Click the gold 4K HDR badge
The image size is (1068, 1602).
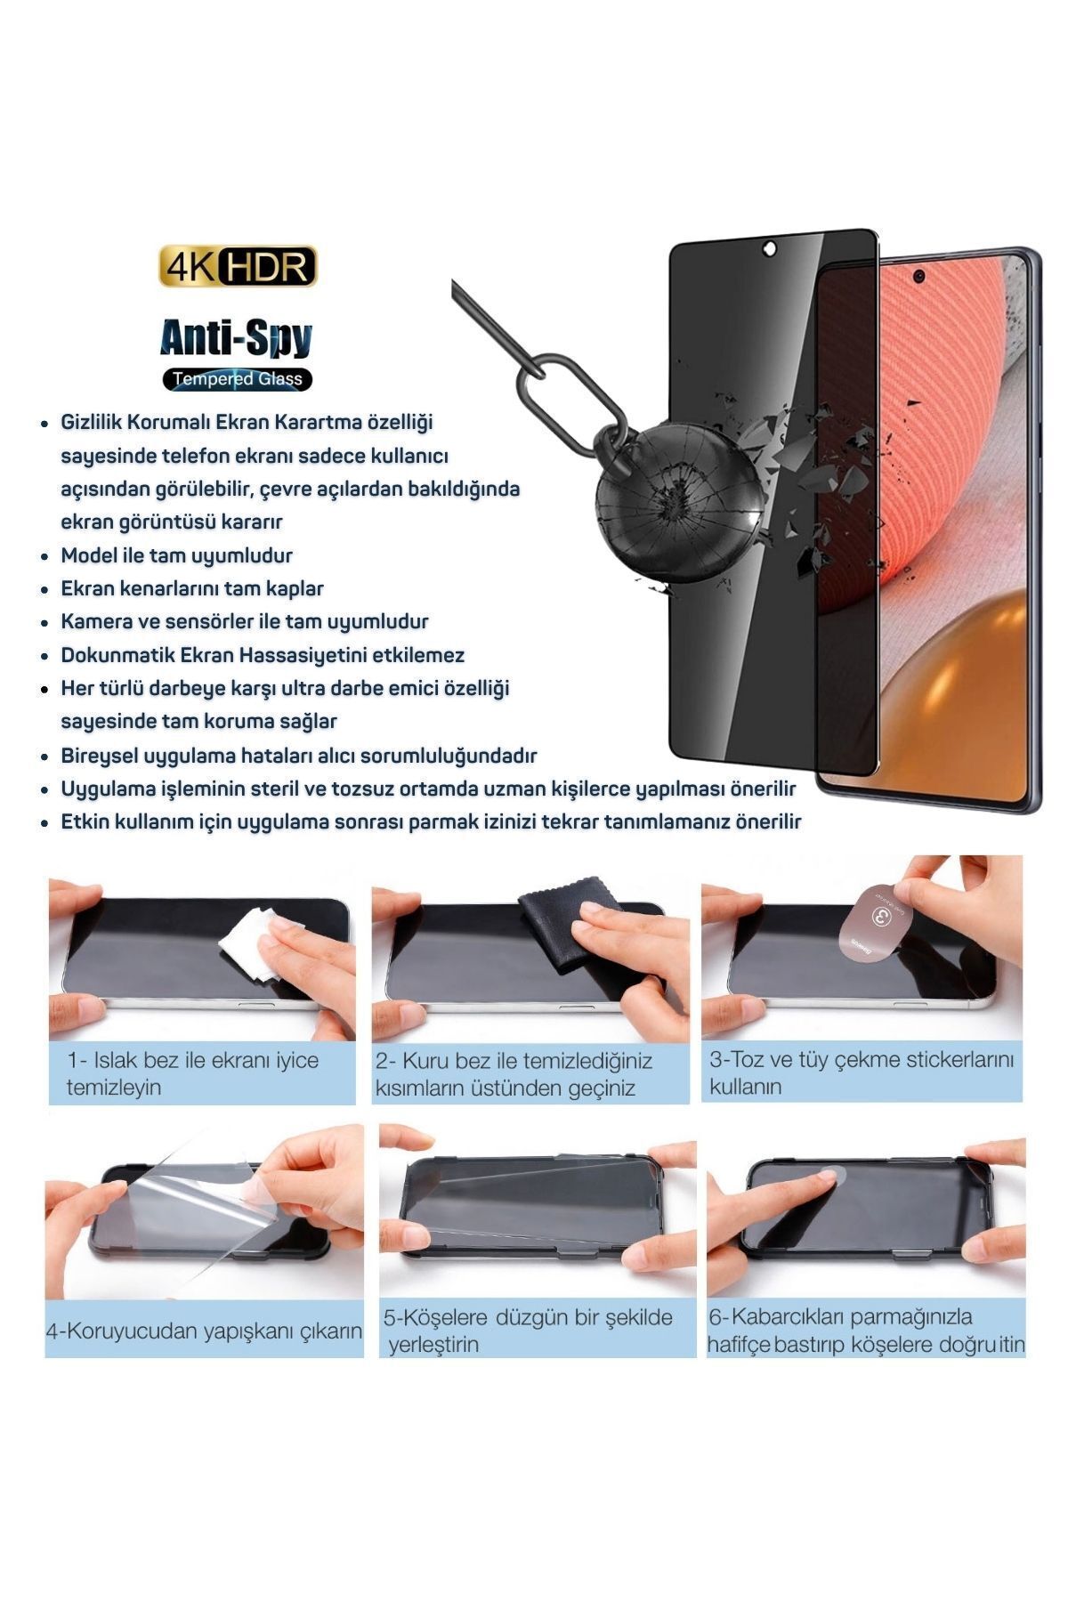238,266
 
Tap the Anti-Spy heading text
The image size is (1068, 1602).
236,337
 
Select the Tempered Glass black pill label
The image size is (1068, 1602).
237,379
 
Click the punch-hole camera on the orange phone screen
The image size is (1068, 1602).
919,277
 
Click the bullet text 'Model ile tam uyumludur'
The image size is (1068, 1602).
176,555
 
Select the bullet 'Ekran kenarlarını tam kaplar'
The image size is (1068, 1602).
191,588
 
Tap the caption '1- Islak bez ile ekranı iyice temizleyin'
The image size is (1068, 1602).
191,1073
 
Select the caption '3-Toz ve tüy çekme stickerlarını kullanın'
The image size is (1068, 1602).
861,1072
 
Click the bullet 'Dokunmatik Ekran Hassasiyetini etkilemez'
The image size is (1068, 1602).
263,655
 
